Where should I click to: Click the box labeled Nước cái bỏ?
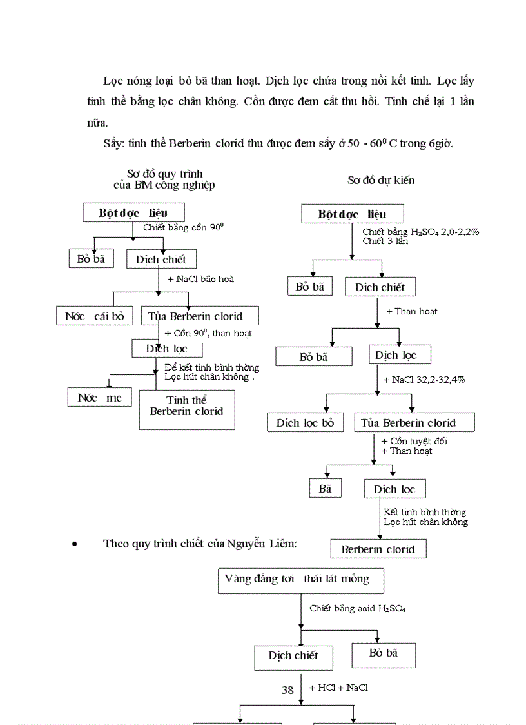tap(94, 316)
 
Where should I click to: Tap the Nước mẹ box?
tap(99, 397)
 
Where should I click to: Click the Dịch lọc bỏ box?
tap(306, 423)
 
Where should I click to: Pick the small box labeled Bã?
tap(325, 489)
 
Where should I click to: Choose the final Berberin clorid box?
tap(378, 549)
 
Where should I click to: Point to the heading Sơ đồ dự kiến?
tap(381, 180)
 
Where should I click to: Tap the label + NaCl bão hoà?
tap(200, 279)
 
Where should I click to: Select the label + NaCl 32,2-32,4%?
tap(424, 380)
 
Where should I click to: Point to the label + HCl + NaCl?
tap(338, 688)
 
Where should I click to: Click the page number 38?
tap(287, 690)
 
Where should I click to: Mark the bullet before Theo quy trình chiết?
tap(75, 544)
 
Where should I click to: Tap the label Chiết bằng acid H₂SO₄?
tap(357, 608)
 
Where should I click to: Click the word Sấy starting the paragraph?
tap(113, 143)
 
